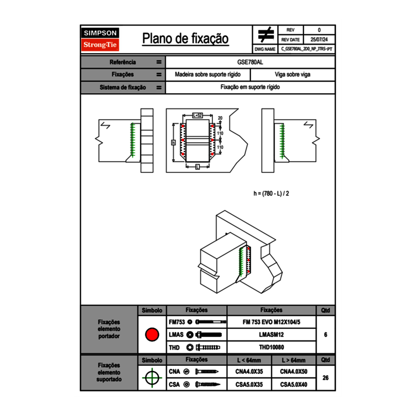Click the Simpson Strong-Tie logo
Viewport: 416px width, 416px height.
coord(101,39)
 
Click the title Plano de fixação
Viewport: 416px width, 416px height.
coord(185,38)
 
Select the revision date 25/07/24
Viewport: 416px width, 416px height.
coord(319,40)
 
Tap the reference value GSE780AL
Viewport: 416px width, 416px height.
coord(250,62)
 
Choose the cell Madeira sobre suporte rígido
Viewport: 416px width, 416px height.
coord(208,75)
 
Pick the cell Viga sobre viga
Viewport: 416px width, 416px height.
coord(292,75)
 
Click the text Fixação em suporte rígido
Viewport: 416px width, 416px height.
coord(250,87)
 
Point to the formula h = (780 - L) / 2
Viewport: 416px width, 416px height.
coord(271,193)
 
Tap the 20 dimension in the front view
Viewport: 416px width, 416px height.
coord(220,118)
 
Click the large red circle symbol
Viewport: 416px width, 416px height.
coord(152,335)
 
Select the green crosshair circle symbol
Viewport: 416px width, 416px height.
coord(152,378)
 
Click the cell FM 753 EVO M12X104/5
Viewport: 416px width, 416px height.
coord(271,322)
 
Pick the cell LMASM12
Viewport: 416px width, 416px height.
coord(271,335)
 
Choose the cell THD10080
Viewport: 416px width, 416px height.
coord(271,347)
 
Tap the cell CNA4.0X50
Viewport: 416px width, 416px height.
coord(294,372)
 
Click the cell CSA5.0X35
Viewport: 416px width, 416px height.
coord(249,385)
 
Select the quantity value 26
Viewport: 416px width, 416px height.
coord(325,378)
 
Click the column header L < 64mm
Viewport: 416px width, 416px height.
coord(249,360)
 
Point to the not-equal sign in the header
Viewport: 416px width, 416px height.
coord(266,35)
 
